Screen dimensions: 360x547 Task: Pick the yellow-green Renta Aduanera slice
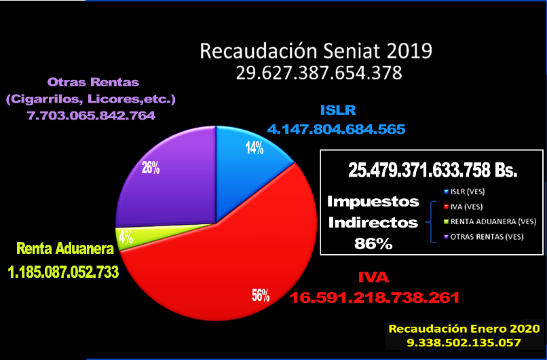tap(139, 236)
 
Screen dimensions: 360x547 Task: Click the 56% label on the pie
tap(261, 295)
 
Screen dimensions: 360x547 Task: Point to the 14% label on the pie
tap(254, 148)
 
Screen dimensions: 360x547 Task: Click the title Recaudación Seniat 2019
tap(315, 52)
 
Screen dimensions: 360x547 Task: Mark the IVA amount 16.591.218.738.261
tap(375, 297)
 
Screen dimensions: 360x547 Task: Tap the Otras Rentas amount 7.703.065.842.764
tap(91, 116)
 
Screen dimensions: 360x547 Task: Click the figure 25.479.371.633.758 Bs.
tap(431, 170)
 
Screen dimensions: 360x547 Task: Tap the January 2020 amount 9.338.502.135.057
tap(464, 343)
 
